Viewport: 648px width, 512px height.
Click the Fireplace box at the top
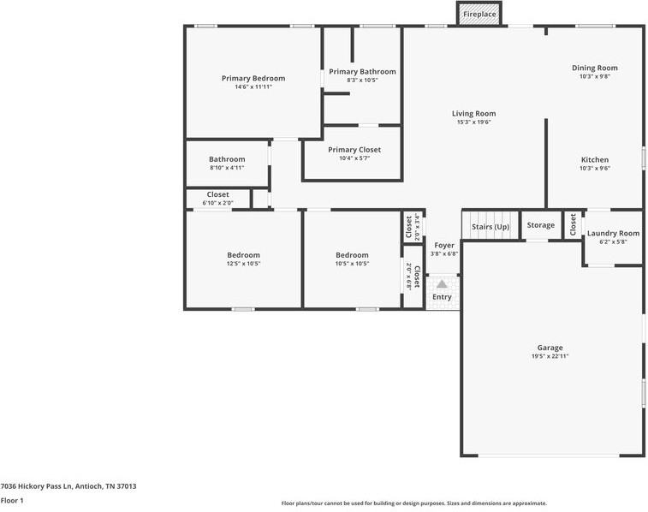(479, 15)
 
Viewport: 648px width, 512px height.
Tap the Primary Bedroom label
(253, 78)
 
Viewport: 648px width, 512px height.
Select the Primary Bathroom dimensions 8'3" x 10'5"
(362, 80)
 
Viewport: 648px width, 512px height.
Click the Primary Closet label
(354, 149)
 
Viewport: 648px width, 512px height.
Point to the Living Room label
(473, 113)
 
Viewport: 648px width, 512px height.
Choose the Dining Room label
(594, 68)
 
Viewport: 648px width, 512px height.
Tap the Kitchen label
(594, 159)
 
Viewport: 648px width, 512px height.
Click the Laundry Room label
(612, 233)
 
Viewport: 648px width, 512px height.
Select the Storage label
(540, 225)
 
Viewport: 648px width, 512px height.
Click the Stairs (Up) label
(490, 226)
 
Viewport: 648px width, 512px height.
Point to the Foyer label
(443, 245)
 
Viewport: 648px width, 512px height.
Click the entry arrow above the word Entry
(442, 283)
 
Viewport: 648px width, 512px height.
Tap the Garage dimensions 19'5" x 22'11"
(550, 356)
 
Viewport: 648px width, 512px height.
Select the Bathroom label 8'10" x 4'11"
(227, 159)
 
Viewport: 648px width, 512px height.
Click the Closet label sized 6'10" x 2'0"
(217, 194)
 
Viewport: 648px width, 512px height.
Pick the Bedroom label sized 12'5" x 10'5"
(243, 255)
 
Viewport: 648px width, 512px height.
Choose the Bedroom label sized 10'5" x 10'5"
(352, 255)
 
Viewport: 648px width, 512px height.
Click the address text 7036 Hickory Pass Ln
(68, 485)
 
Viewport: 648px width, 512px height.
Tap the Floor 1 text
(12, 500)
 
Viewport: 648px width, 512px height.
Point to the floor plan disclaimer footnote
(413, 503)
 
